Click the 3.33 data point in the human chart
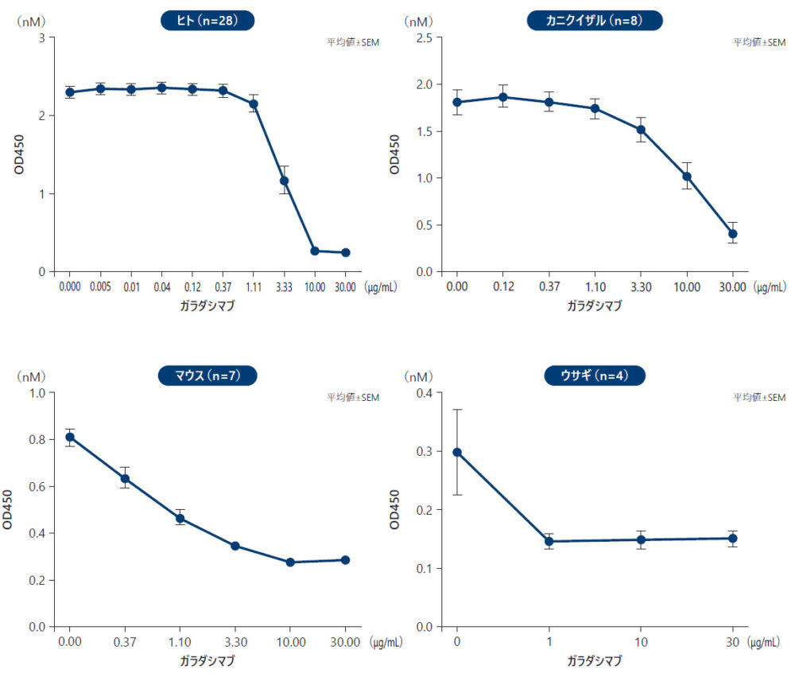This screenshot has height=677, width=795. point(284,181)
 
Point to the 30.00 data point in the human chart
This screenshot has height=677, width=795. point(345,253)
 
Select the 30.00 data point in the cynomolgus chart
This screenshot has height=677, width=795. point(732,234)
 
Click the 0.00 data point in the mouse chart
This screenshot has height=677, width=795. point(70,437)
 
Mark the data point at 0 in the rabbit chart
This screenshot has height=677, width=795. point(457,452)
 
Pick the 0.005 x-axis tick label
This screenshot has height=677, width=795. point(100,285)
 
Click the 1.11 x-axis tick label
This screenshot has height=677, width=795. point(253,285)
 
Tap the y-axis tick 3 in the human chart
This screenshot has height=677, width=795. point(41,37)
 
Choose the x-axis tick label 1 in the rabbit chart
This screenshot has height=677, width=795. point(549,641)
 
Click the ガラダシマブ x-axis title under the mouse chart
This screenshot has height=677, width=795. point(207,661)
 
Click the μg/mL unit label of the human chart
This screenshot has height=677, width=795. point(379,285)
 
